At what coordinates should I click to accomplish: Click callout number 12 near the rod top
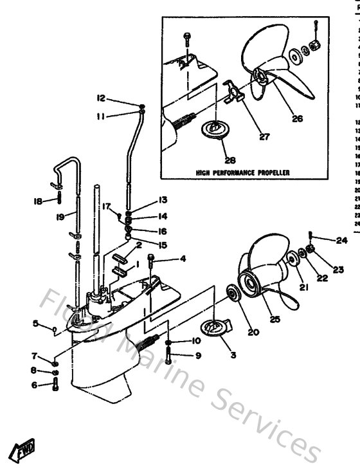pos(100,98)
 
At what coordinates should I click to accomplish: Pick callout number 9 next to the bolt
pos(181,355)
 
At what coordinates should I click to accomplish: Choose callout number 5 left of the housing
pos(36,323)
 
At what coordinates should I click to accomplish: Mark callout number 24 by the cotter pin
pos(341,241)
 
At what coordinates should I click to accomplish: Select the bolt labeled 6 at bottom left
pos(55,386)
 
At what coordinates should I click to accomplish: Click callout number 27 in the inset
pos(246,136)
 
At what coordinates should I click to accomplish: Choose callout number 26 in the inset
pos(279,118)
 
